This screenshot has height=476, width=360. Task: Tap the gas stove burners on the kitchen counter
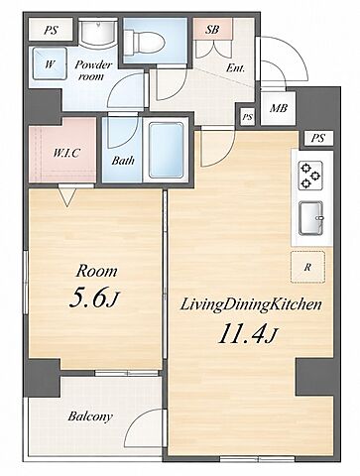(310, 176)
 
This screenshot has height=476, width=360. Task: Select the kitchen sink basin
(310, 218)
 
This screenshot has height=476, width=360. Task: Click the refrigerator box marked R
(308, 267)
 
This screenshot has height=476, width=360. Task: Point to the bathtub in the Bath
(166, 151)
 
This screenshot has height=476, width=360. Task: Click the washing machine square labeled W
(50, 63)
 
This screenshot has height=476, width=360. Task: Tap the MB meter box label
(279, 108)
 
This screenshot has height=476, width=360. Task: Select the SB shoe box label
(212, 30)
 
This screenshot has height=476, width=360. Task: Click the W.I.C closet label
(66, 153)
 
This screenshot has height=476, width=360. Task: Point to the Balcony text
(90, 416)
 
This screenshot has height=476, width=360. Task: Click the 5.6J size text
(93, 297)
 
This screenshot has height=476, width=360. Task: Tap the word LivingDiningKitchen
(251, 304)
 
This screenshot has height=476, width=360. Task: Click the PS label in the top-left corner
(51, 31)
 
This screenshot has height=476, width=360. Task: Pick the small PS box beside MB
(247, 117)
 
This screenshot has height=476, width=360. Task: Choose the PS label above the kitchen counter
(317, 138)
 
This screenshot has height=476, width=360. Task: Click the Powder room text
(93, 70)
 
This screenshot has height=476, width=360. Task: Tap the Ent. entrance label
(235, 68)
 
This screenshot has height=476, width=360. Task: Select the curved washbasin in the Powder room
(98, 32)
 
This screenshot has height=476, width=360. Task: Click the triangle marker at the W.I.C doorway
(67, 197)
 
